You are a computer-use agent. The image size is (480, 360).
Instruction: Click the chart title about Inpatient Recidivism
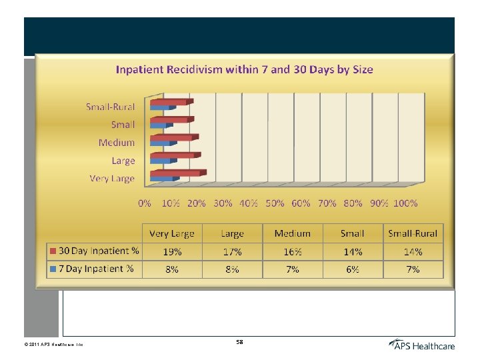click(245, 69)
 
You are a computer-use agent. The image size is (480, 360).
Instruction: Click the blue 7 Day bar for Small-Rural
click(160, 107)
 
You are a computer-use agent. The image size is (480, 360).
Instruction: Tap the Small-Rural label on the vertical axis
click(110, 107)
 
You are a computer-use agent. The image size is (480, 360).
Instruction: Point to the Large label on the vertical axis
click(123, 161)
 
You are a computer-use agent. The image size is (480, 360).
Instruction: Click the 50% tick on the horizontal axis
click(275, 203)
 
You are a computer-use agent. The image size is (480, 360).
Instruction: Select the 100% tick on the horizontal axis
click(405, 203)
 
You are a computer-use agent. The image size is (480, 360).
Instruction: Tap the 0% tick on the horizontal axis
click(144, 203)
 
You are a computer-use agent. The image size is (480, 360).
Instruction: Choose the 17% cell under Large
click(231, 251)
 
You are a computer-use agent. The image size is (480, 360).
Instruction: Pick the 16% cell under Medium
click(292, 251)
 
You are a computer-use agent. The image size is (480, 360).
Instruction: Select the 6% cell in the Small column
click(352, 269)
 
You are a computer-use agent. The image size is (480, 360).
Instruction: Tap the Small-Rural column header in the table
click(413, 233)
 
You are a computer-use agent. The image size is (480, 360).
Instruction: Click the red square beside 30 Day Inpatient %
click(53, 251)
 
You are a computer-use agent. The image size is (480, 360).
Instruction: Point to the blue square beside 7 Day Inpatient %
click(53, 269)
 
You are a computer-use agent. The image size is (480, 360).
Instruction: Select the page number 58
click(239, 342)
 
